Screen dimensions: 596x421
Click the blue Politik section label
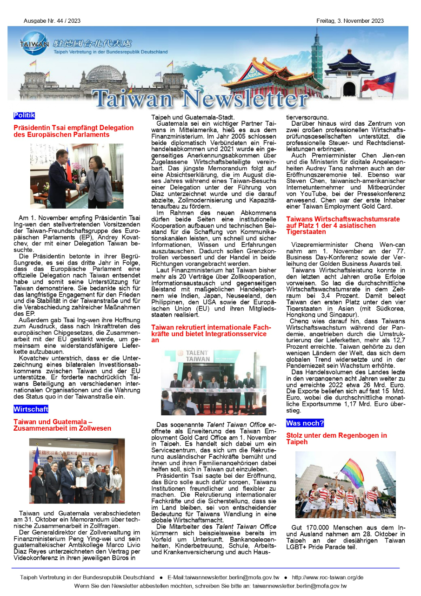click(24, 115)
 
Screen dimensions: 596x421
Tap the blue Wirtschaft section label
click(31, 409)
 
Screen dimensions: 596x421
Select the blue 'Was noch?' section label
click(305, 423)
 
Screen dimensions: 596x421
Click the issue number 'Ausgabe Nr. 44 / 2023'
click(52, 20)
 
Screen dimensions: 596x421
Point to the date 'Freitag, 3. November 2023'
click(350, 20)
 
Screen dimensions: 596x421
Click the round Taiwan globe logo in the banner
click(34, 44)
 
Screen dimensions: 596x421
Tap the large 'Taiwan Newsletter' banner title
click(200, 98)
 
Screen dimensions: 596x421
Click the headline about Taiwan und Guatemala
click(62, 425)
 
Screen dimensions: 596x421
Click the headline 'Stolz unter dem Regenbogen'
click(336, 439)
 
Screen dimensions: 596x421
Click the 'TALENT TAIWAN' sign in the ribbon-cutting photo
click(197, 356)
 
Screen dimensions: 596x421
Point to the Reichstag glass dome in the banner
click(104, 73)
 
